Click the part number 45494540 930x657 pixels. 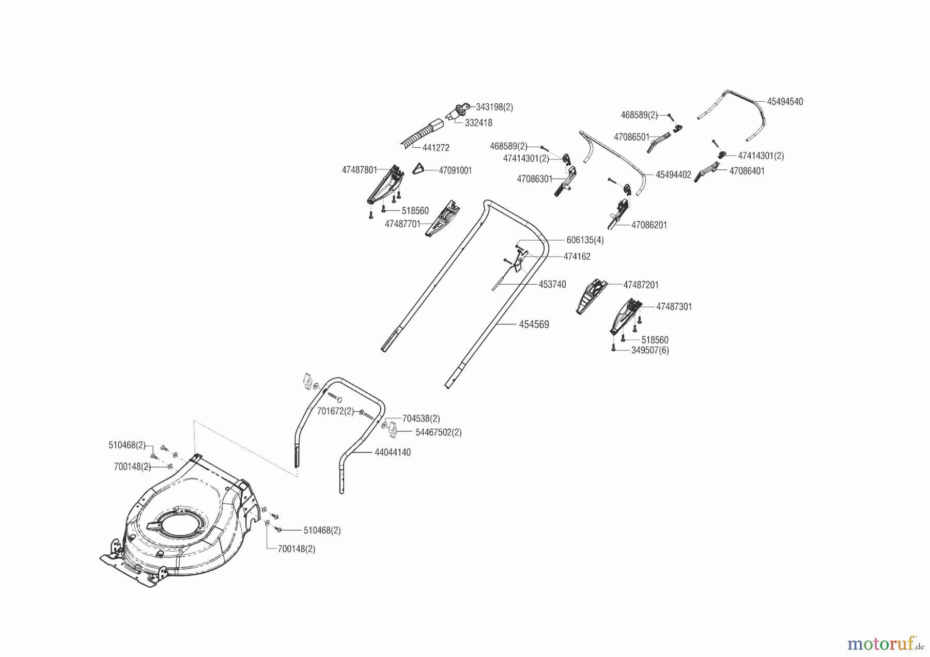[785, 102]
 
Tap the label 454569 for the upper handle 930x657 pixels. [534, 324]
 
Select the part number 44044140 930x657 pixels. [393, 452]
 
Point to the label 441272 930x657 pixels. [436, 148]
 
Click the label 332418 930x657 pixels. [478, 123]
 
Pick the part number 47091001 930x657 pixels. [455, 170]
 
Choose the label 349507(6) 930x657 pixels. [650, 350]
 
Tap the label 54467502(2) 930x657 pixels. [439, 432]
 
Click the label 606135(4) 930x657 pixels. [585, 240]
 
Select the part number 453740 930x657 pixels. [552, 285]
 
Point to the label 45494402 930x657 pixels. [673, 175]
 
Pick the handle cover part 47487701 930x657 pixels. [443, 218]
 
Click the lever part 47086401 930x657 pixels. [708, 171]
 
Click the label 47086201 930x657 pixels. [649, 225]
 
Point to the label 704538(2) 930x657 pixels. [421, 419]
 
